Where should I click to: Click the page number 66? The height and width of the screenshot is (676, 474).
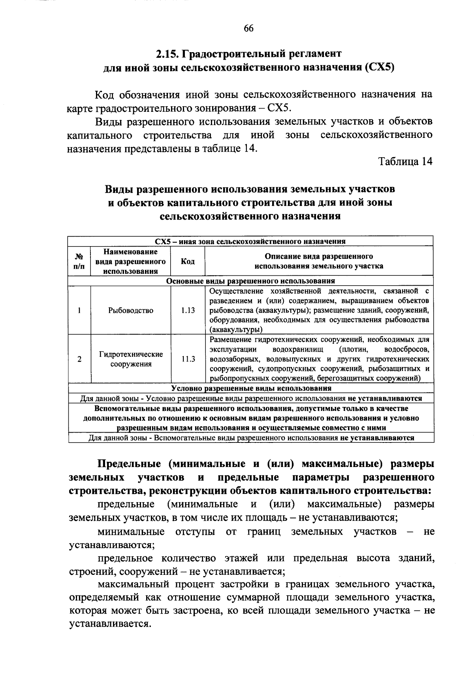click(x=248, y=28)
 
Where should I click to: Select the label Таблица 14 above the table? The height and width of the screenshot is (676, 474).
click(x=405, y=162)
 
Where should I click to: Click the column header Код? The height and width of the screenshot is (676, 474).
click(x=188, y=261)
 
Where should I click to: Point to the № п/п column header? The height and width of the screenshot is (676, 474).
click(x=79, y=261)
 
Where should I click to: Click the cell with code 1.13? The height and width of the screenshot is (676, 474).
click(x=188, y=311)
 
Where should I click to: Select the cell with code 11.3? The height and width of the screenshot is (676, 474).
click(x=188, y=359)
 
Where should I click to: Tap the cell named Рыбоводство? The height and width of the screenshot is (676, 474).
click(x=131, y=311)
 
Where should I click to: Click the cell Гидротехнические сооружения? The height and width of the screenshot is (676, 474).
click(x=131, y=359)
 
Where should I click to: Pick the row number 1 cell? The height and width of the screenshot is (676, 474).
click(x=79, y=311)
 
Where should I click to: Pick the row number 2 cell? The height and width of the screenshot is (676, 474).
click(x=79, y=359)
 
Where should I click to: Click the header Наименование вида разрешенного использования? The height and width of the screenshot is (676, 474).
click(x=131, y=261)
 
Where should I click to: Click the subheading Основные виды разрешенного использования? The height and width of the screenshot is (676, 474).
click(x=250, y=281)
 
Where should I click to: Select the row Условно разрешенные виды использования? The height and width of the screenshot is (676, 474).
click(x=250, y=388)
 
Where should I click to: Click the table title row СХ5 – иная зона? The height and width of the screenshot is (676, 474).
click(x=250, y=241)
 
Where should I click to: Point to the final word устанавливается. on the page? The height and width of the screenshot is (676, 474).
click(x=110, y=625)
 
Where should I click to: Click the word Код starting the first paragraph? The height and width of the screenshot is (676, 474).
click(x=105, y=95)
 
